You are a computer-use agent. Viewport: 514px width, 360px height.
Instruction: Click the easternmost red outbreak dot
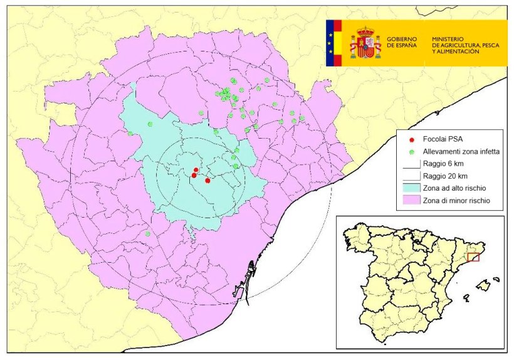pyautogui.click(x=207, y=181)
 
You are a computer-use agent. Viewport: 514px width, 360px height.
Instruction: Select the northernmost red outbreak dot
pyautogui.click(x=196, y=170)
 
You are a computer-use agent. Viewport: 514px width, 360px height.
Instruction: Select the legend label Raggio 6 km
pyautogui.click(x=443, y=164)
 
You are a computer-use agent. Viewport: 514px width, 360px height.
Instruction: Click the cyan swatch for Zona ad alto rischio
pyautogui.click(x=411, y=188)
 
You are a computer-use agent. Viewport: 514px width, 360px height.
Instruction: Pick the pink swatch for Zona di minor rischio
pyautogui.click(x=411, y=201)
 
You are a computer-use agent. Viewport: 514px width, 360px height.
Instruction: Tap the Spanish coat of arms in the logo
pyautogui.click(x=365, y=43)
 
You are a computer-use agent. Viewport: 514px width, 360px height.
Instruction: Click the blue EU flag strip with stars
pyautogui.click(x=330, y=43)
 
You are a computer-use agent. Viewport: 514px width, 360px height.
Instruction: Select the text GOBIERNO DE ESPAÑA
pyautogui.click(x=402, y=43)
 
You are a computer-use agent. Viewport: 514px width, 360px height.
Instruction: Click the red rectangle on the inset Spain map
pyautogui.click(x=473, y=257)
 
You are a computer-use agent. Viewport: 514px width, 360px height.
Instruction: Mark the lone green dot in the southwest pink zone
pyautogui.click(x=148, y=234)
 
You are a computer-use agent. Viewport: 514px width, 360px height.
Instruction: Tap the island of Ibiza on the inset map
pyautogui.click(x=464, y=297)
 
